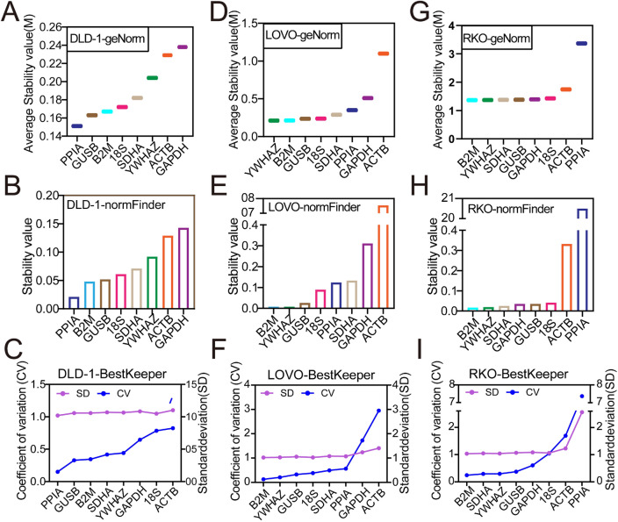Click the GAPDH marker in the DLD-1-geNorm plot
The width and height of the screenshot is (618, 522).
click(182, 46)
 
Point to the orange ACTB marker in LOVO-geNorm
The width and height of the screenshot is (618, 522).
click(383, 54)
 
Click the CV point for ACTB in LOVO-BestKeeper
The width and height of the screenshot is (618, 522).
click(379, 411)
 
